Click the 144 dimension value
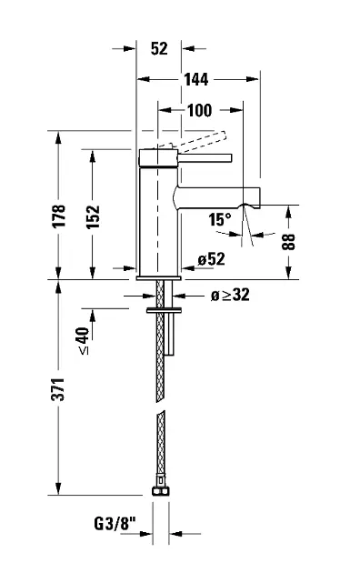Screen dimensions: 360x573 [x=196, y=79]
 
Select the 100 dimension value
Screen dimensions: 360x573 [x=199, y=110]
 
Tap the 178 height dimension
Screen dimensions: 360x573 [x=58, y=216]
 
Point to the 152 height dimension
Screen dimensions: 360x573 [x=93, y=216]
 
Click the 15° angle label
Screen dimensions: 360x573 [x=220, y=219]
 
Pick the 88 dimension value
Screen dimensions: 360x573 [x=288, y=242]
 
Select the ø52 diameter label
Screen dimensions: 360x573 [x=212, y=259]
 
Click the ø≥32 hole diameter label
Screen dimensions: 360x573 [x=230, y=295]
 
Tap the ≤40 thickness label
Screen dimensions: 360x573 [x=84, y=340]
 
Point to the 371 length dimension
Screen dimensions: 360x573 [x=58, y=389]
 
